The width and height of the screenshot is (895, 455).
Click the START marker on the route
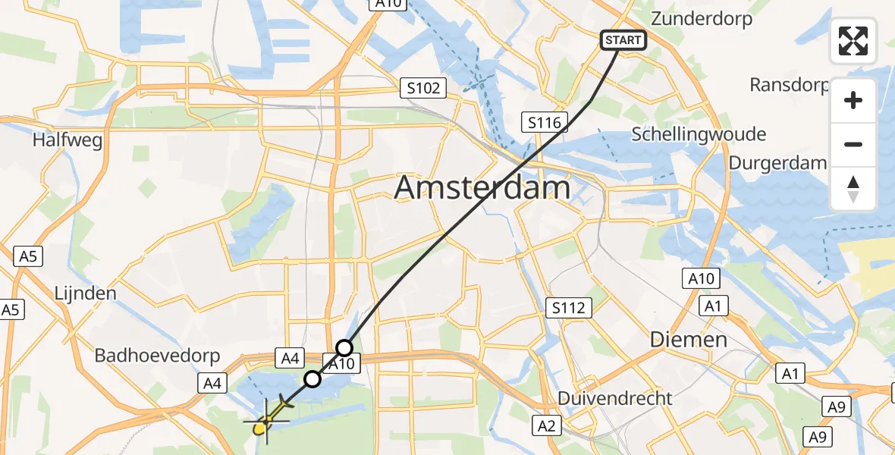pos(623,40)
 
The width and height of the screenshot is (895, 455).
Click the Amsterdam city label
pos(482,187)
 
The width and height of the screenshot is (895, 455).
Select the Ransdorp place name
pos(789,84)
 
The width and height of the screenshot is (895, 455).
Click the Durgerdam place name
pos(777,163)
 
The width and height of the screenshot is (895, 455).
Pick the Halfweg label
pos(68,140)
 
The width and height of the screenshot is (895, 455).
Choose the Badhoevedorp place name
pos(157,356)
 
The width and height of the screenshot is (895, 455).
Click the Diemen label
pos(689,339)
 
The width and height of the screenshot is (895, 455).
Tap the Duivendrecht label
pos(614,398)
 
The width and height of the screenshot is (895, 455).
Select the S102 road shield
pos(423,89)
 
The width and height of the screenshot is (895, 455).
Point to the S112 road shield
pos(568,307)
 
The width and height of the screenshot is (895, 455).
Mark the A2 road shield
pos(545,425)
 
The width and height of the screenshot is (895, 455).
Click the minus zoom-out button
pos(853,144)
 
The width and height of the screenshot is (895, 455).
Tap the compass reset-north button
pos(853,189)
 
